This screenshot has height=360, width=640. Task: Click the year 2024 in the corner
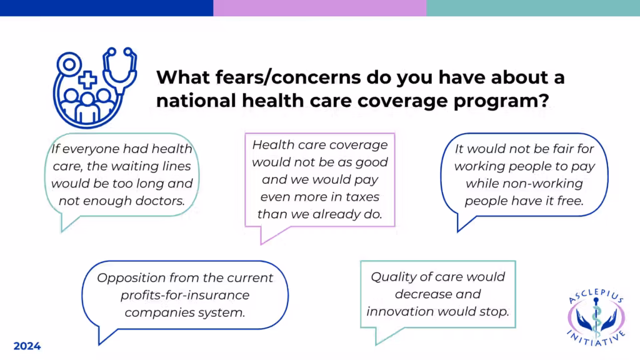pyautogui.click(x=27, y=346)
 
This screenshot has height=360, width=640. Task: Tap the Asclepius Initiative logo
pyautogui.click(x=596, y=317)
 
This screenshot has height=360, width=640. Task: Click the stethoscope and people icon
pyautogui.click(x=95, y=87)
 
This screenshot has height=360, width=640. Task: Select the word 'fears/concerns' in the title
pyautogui.click(x=288, y=77)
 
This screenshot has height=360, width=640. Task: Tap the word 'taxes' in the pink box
pyautogui.click(x=362, y=197)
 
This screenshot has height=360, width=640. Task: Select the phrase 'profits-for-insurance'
pyautogui.click(x=185, y=295)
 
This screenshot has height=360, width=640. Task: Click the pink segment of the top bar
pyautogui.click(x=319, y=8)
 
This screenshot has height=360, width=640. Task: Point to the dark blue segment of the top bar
pyautogui.click(x=106, y=8)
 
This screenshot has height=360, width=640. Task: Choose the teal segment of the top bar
pyautogui.click(x=533, y=8)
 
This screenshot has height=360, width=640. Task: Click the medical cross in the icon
pyautogui.click(x=87, y=79)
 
